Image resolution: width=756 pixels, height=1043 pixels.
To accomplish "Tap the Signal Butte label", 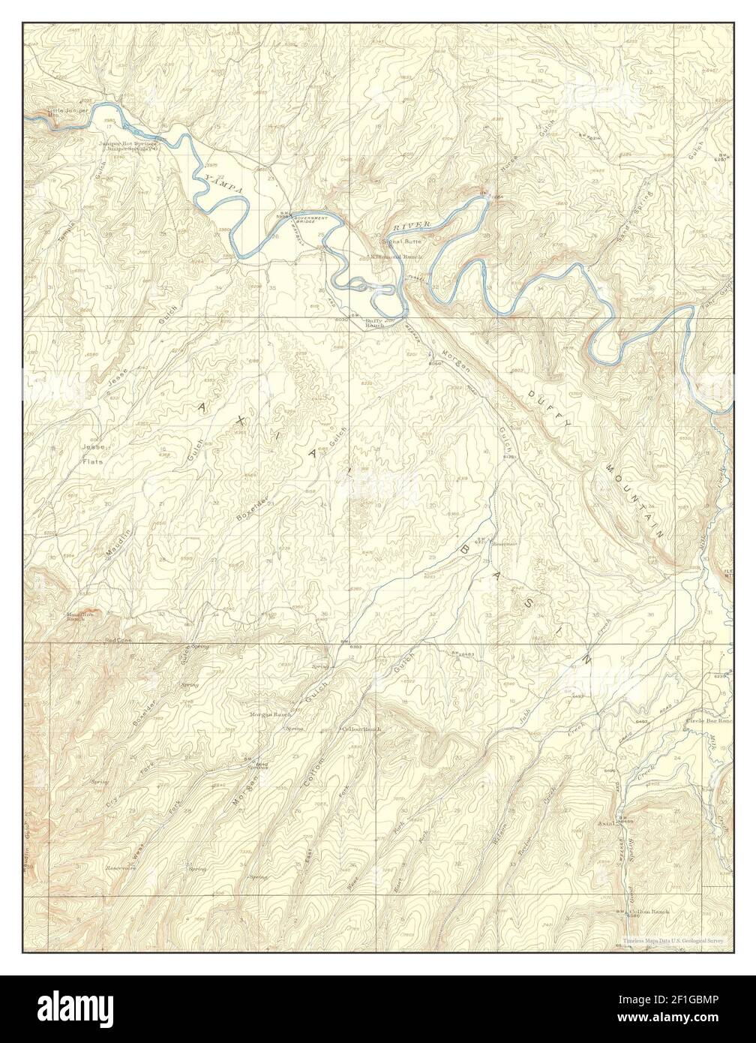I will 402,242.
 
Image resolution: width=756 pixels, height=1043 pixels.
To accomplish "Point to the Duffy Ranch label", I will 374,324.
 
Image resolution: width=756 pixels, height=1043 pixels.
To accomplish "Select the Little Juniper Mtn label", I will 68,113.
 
